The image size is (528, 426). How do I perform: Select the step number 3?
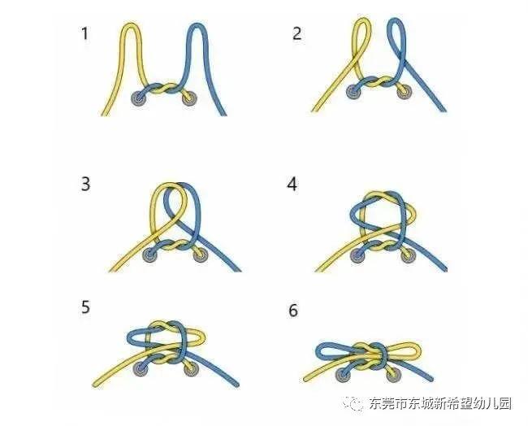(x=84, y=183)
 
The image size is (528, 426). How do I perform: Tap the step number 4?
(x=293, y=183)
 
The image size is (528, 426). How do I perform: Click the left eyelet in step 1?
(x=139, y=100)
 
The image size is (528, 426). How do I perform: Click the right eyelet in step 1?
(x=188, y=99)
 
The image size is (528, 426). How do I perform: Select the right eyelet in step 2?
(x=404, y=92)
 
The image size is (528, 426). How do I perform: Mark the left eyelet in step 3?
(x=150, y=255)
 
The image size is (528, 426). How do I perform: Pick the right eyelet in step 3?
(x=200, y=255)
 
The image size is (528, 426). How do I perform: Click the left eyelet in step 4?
(x=357, y=255)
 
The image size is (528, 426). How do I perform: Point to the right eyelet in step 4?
(x=407, y=255)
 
